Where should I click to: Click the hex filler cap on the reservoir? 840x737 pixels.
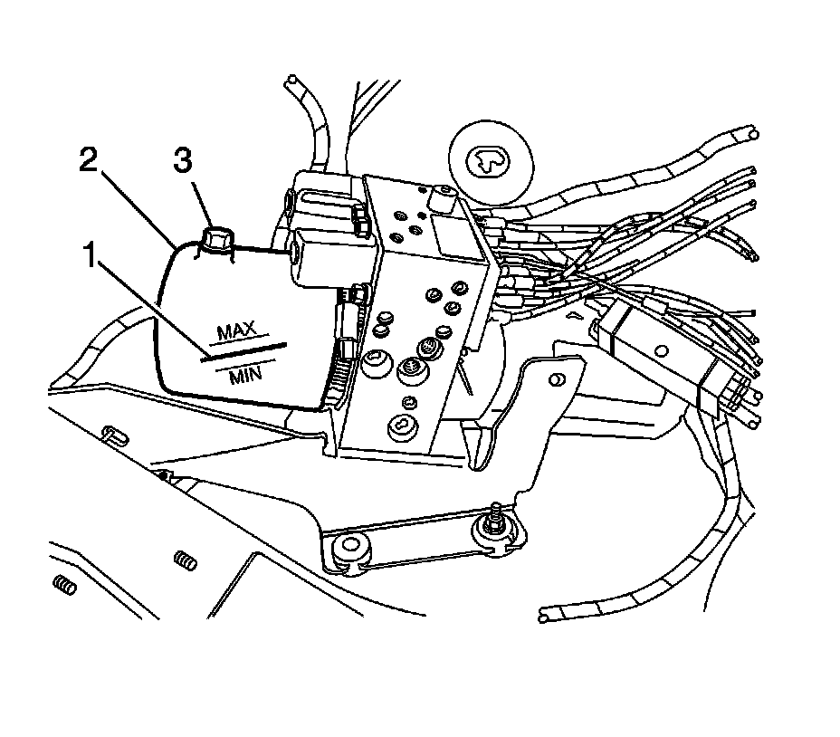pos(217,240)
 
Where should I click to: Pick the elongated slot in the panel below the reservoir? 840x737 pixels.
pos(111,434)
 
